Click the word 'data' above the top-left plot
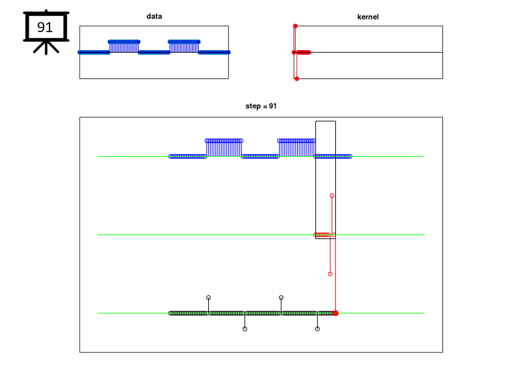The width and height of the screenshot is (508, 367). point(154,16)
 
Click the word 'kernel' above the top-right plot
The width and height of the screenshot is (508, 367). point(367,17)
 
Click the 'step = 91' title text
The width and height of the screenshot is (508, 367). point(261,106)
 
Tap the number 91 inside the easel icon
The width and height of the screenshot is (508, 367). point(45,27)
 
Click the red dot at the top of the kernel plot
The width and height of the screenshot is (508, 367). point(295,26)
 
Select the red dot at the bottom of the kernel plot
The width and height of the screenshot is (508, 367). point(297,78)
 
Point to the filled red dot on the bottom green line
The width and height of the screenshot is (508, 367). point(335,313)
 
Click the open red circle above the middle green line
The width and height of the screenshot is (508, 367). point(332,196)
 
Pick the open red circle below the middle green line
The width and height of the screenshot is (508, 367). point(330,274)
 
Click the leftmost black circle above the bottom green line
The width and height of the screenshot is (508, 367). point(209,297)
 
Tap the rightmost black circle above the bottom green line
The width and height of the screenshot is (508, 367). point(281,297)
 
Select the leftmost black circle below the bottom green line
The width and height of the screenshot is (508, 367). point(245,329)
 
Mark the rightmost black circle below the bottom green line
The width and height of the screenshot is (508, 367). point(317,329)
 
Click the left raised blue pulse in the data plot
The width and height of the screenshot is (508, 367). point(124,46)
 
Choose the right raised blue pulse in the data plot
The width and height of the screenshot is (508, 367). point(184,46)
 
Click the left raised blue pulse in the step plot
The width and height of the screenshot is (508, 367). point(224,148)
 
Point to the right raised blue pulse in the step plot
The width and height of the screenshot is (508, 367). point(297,148)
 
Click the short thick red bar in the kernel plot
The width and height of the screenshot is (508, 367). point(303,52)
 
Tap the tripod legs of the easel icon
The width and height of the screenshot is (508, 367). point(46,48)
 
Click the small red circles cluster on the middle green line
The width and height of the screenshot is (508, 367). point(322,234)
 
